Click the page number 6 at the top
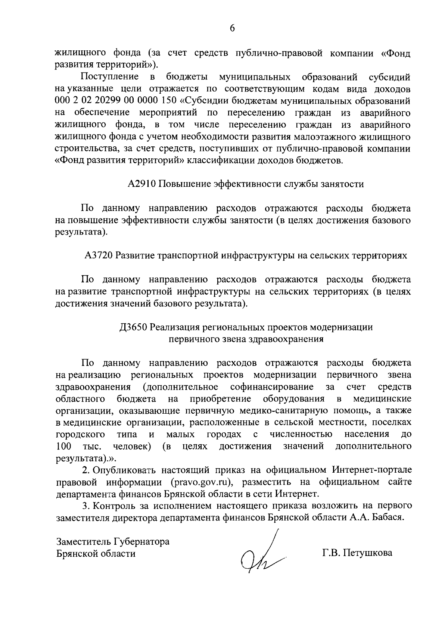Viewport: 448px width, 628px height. point(232,29)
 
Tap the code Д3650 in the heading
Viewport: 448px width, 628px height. point(133,327)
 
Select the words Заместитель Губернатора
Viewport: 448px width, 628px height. point(112,541)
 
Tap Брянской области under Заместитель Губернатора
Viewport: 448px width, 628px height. point(95,553)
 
